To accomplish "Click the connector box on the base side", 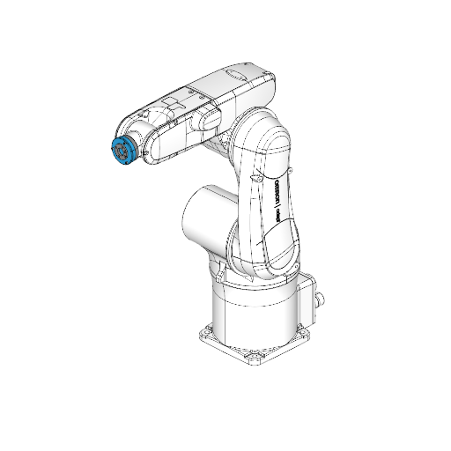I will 309,296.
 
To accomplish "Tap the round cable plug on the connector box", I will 318,299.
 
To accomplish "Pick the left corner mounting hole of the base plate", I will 205,333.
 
